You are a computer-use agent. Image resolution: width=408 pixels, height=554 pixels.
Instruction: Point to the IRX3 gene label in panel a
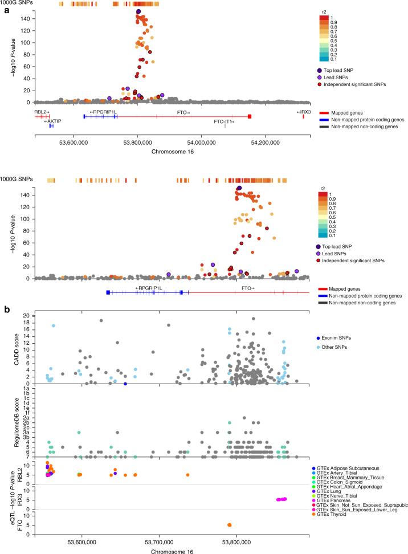303,112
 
